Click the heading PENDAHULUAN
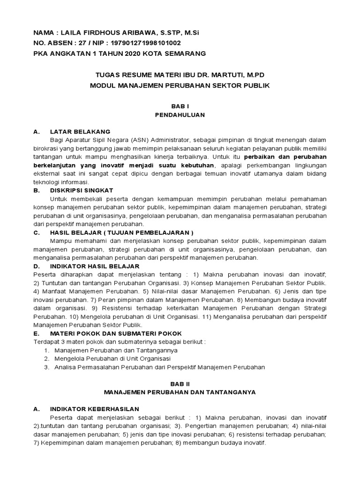point(180,115)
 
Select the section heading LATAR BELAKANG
point(80,132)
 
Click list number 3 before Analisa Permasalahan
point(46,367)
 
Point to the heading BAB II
point(180,383)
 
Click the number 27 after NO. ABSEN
point(74,43)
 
